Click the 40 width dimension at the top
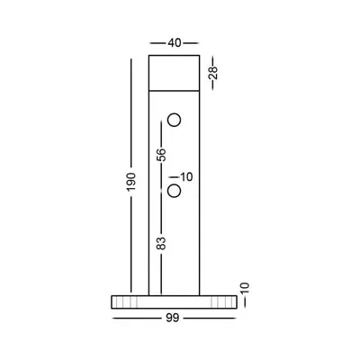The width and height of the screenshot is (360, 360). click(175, 43)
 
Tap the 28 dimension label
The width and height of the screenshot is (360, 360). click(213, 73)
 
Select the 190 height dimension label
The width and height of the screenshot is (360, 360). click(131, 182)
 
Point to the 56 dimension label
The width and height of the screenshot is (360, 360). click(161, 155)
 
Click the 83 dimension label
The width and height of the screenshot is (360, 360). click(161, 243)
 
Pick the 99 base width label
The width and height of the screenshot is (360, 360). click(173, 318)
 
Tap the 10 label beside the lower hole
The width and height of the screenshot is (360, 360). click(186, 177)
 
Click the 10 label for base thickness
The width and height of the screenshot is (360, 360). click(245, 288)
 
